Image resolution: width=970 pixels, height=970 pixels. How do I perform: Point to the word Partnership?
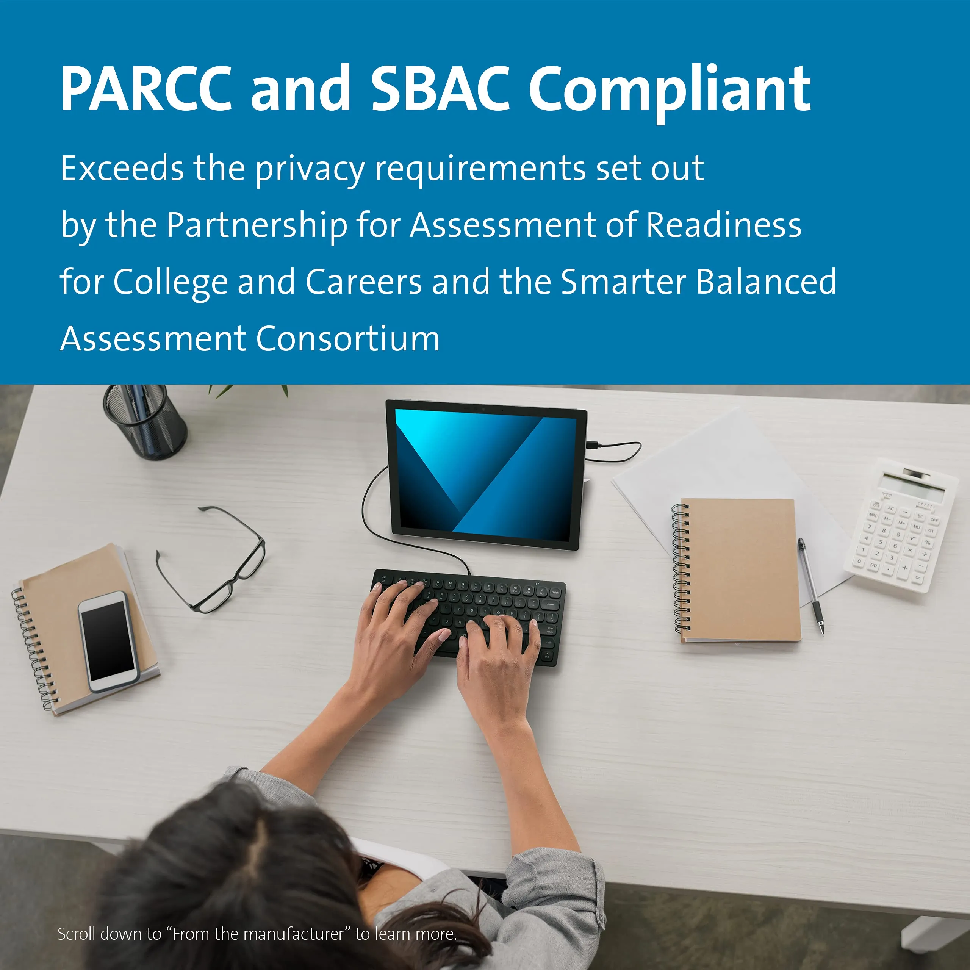257,225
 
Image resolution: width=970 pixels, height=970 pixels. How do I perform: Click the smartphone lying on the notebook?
108,641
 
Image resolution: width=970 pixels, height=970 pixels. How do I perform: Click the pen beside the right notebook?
811,586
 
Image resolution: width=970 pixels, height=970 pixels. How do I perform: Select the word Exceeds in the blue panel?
122,168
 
